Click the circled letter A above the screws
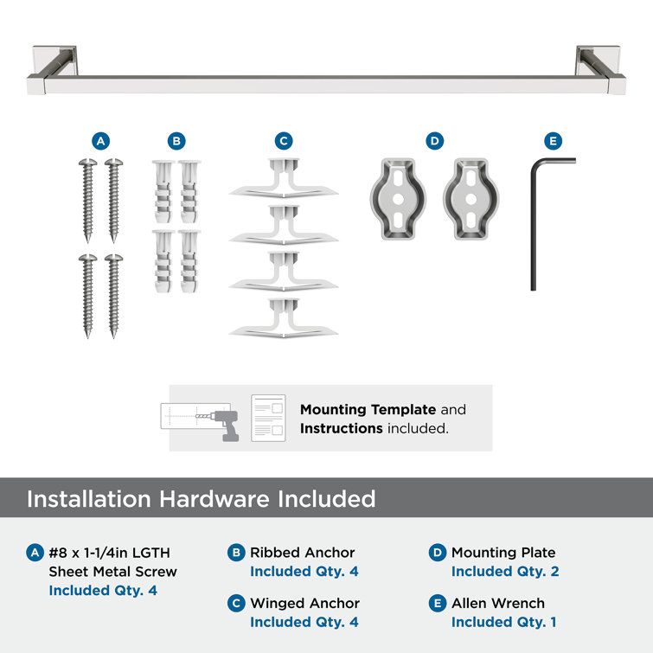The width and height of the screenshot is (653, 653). click(x=101, y=141)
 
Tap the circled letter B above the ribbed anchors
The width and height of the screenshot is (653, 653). click(x=176, y=141)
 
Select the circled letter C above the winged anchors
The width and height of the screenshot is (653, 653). click(x=284, y=141)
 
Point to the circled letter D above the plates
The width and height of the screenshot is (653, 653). click(x=435, y=141)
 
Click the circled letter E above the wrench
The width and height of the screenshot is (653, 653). click(x=553, y=141)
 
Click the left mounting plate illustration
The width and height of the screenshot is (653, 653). click(x=397, y=199)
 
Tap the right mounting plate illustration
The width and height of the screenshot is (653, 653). click(x=472, y=199)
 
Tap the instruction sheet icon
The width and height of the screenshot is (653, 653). click(x=268, y=419)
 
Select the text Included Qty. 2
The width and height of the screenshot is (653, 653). click(x=505, y=572)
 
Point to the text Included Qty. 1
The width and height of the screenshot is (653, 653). click(x=503, y=622)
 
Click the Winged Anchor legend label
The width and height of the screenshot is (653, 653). click(x=304, y=603)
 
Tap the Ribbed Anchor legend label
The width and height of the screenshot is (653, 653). click(x=303, y=552)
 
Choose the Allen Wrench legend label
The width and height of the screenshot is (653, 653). click(x=498, y=603)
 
